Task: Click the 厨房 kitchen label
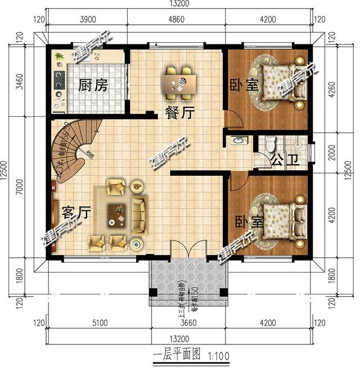click(93, 85)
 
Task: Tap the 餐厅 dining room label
click(179, 113)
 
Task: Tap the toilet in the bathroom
click(271, 144)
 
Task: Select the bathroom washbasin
click(238, 140)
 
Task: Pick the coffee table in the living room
click(119, 212)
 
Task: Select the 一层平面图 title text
click(177, 356)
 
